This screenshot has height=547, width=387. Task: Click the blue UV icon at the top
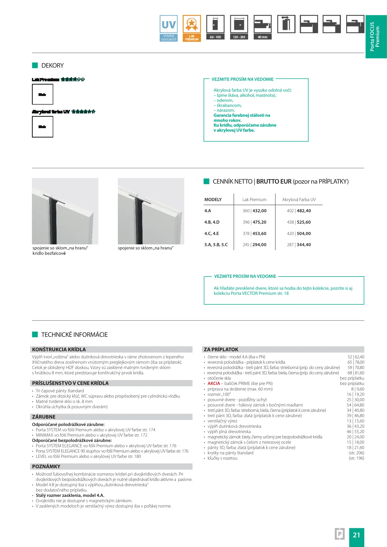coord(169,28)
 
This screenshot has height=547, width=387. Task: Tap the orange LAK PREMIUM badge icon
coord(192,28)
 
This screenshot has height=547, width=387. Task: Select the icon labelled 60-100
coord(215,28)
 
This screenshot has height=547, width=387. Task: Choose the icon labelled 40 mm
coord(263,28)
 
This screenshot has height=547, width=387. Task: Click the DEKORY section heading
coord(52,66)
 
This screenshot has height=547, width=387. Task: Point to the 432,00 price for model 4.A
coord(260,211)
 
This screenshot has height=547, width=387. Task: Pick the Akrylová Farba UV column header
coord(299,200)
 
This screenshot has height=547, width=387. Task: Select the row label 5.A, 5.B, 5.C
coord(216,245)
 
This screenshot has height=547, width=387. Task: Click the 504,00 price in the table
coord(304,233)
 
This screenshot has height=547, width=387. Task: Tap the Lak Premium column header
coord(254,200)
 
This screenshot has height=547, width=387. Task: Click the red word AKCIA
coord(214,383)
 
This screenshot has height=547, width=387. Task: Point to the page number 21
coord(356,535)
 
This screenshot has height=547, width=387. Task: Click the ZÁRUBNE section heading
coord(44,417)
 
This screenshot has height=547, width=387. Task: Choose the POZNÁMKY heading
coord(46,466)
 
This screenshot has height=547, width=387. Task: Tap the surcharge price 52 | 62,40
coord(356,357)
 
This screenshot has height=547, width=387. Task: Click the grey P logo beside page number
coord(340,534)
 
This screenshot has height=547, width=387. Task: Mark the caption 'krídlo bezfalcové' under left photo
coord(49,253)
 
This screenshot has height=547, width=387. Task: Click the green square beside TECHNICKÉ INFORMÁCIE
coord(35,335)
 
